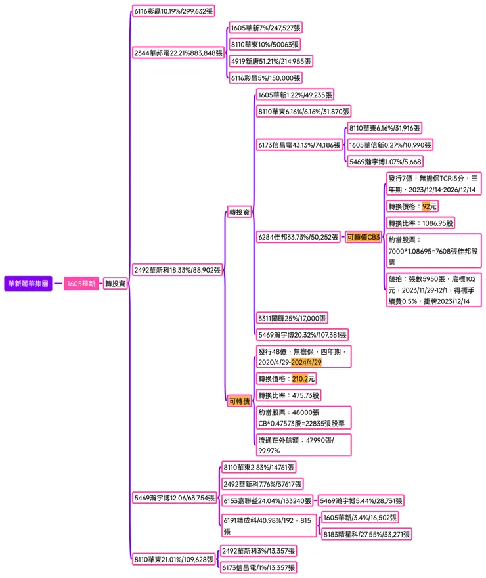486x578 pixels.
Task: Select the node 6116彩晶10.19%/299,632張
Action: (173, 11)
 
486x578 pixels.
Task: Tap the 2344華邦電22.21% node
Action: (177, 53)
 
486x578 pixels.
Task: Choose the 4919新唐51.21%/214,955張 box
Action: (271, 61)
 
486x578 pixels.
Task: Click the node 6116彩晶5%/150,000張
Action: (265, 78)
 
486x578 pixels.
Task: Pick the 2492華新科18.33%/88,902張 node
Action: (177, 269)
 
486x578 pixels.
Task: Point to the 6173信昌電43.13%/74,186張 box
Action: (299, 145)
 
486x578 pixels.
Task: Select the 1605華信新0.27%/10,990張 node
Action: (390, 145)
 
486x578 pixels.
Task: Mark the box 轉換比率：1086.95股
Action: (420, 223)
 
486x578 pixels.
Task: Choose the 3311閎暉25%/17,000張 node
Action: (292, 318)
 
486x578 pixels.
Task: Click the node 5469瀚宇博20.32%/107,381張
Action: (302, 334)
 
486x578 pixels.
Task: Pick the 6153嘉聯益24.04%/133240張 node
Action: (267, 500)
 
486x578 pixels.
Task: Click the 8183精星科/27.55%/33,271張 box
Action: (366, 535)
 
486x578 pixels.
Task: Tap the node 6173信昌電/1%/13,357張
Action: (258, 567)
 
